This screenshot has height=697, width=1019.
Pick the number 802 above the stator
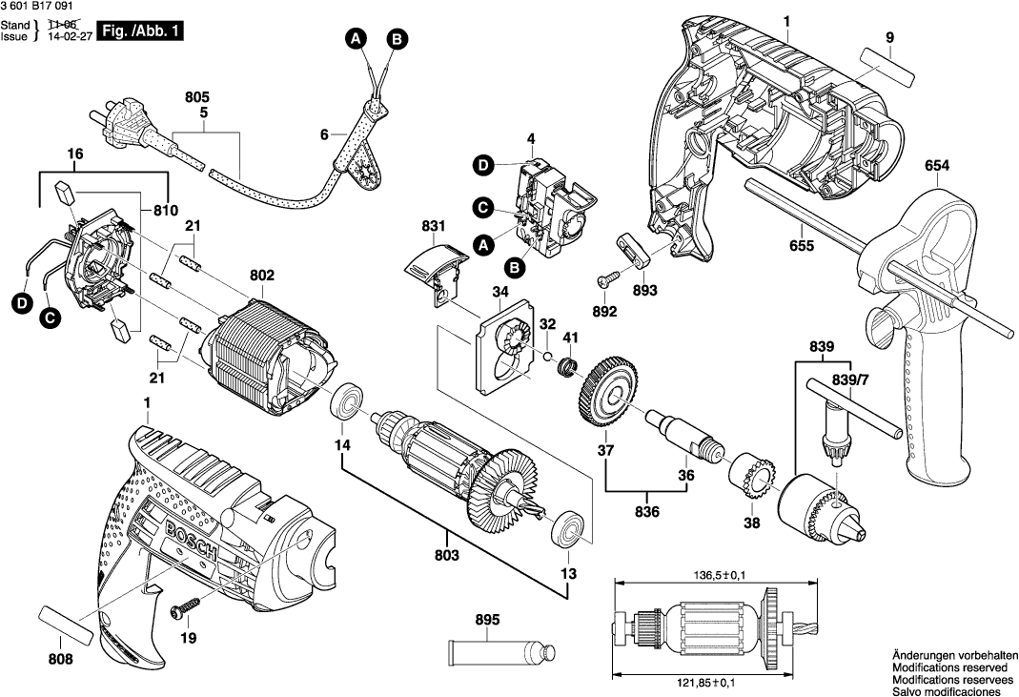point(262,276)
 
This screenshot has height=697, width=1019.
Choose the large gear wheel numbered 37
point(606,391)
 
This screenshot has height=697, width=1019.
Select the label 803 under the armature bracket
point(447,555)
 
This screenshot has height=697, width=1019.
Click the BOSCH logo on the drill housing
point(196,541)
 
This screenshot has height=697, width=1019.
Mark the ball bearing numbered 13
point(570,528)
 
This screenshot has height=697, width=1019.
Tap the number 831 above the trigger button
point(434,226)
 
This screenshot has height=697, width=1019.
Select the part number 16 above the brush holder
point(74,153)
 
